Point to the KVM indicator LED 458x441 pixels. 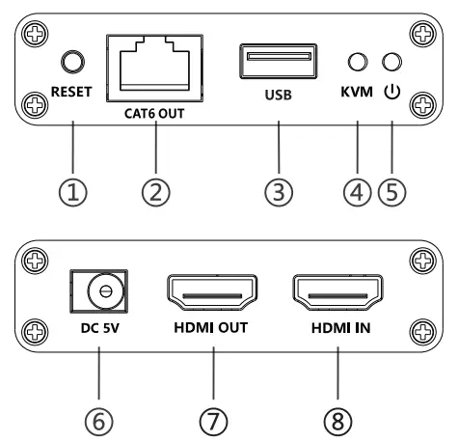pyautogui.click(x=357, y=63)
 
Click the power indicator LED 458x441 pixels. pyautogui.click(x=391, y=63)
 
